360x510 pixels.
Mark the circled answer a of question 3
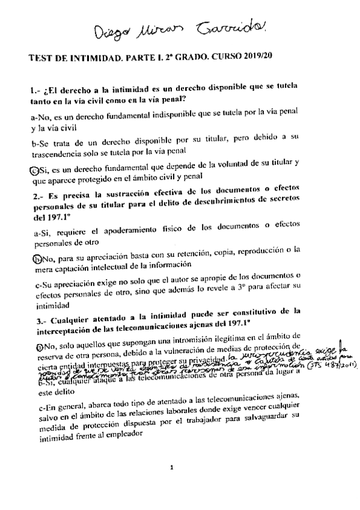click(x=33, y=347)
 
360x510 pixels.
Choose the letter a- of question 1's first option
click(x=33, y=117)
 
